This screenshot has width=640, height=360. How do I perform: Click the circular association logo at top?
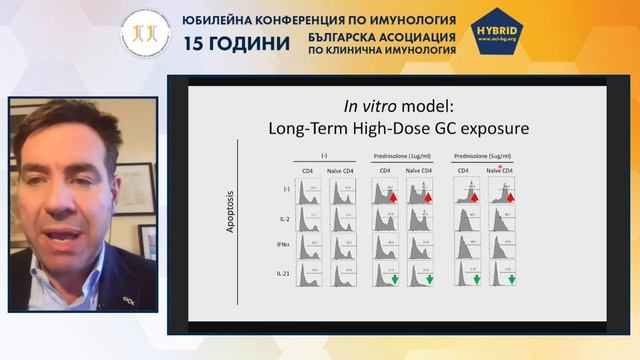145,33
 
